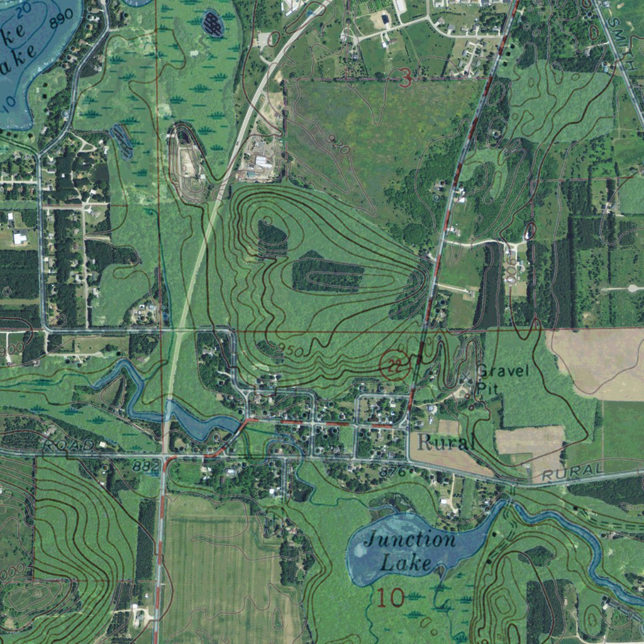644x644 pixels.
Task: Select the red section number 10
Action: tap(391, 597)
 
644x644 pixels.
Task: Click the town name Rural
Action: tap(445, 443)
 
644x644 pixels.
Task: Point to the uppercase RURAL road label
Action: tap(572, 471)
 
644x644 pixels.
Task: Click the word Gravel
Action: tap(503, 370)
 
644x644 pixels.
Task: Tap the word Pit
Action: tap(487, 389)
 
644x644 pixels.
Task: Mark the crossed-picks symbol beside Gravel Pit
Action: tap(466, 377)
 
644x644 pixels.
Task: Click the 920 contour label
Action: tap(338, 145)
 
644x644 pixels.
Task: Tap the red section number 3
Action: tap(406, 78)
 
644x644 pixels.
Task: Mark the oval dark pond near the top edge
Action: tap(213, 25)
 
